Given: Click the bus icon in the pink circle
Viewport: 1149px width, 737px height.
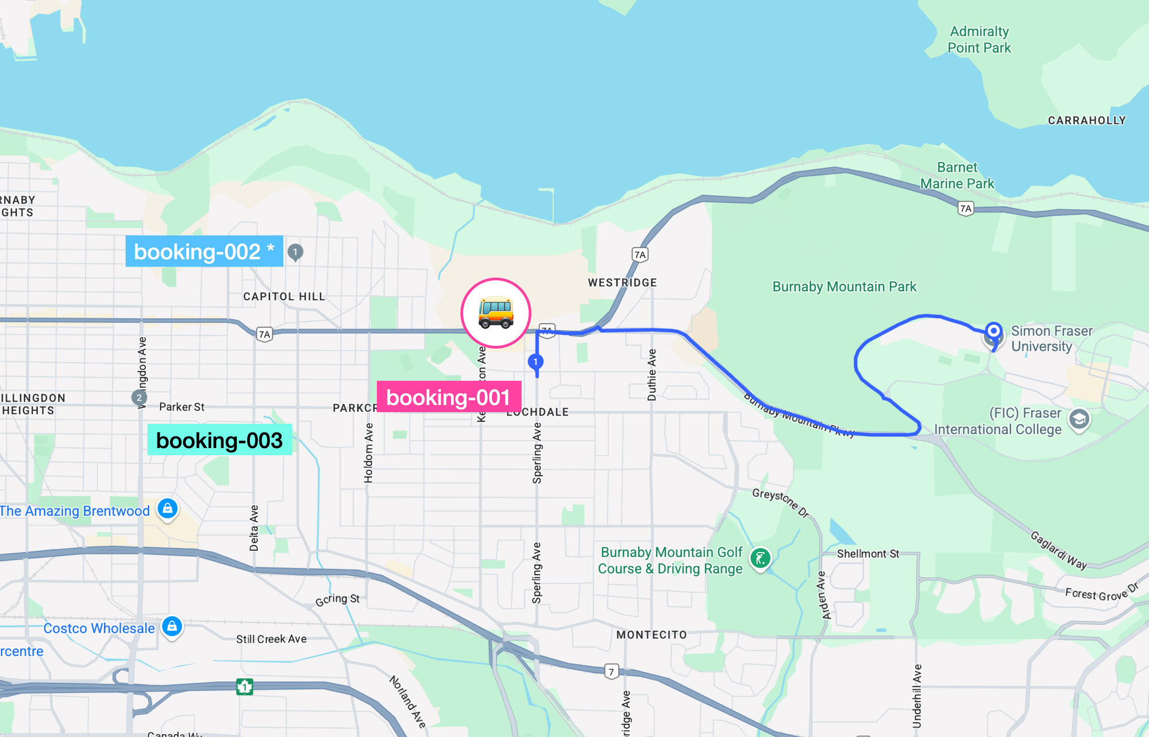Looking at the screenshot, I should point(496,313).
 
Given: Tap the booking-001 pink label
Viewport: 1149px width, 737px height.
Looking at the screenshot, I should point(449,397).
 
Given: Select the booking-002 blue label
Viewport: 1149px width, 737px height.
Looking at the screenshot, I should point(204,252).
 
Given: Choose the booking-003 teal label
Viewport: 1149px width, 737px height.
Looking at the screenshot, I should point(219,440).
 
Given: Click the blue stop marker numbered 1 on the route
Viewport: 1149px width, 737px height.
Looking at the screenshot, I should point(535,361).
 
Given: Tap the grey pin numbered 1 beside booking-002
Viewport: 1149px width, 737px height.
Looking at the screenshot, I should point(295,252).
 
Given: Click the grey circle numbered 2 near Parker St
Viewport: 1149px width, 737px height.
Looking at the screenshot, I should point(139,397).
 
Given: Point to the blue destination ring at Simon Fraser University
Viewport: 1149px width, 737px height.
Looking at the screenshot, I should point(993,331).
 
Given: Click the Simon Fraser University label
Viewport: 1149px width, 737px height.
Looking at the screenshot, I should point(1051,338).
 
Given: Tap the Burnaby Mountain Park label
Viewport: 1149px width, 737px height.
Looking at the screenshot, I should point(844,287).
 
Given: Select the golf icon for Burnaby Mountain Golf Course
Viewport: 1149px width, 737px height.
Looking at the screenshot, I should point(760,558).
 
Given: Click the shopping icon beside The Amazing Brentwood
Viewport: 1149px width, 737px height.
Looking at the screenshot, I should point(167,508).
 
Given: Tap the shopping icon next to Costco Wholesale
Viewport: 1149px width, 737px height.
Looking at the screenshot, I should point(172,626).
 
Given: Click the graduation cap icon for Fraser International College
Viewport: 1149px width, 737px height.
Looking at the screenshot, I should point(1079,419).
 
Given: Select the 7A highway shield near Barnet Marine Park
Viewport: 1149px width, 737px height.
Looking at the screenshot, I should point(966,209).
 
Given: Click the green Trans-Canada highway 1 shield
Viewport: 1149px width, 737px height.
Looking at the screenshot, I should point(245,686).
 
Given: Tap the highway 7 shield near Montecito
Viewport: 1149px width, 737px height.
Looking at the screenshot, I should point(611,671).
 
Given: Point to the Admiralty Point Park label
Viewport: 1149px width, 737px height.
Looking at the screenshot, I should point(979,40).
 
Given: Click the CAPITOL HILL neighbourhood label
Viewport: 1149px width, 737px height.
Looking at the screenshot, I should point(284,296).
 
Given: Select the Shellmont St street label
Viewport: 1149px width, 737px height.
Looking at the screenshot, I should point(867,554).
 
